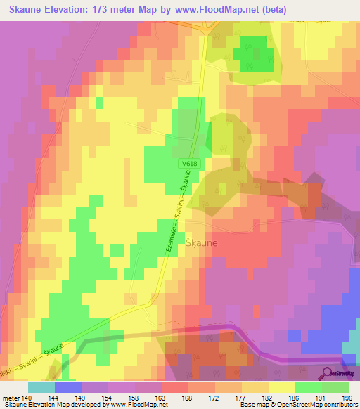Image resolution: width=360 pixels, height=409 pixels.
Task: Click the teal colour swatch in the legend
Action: [x=41, y=387]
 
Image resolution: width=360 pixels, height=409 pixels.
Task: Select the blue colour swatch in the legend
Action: [x=67, y=387]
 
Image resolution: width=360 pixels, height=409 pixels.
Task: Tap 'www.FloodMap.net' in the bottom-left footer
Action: [x=137, y=405]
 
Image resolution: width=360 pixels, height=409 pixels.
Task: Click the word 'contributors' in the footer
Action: [x=339, y=405]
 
